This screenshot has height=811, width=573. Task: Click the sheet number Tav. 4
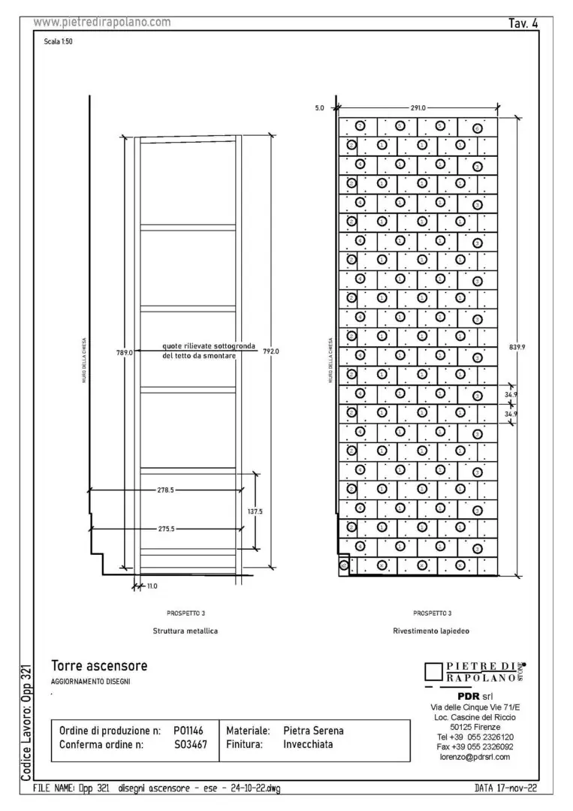(x=523, y=23)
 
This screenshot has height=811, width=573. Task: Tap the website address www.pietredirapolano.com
(x=102, y=23)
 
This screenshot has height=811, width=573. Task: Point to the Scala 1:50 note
(x=59, y=41)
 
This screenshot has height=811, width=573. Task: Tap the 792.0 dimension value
(x=270, y=351)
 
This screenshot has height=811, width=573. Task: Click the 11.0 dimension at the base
(x=151, y=586)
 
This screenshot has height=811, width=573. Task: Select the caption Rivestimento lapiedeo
(x=431, y=632)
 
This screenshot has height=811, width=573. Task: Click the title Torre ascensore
(x=99, y=666)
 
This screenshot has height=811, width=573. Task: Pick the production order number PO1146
(x=188, y=730)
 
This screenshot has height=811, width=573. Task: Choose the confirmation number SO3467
(x=190, y=745)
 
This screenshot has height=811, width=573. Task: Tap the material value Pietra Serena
(x=313, y=730)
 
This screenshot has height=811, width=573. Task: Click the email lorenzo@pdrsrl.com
(x=475, y=757)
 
